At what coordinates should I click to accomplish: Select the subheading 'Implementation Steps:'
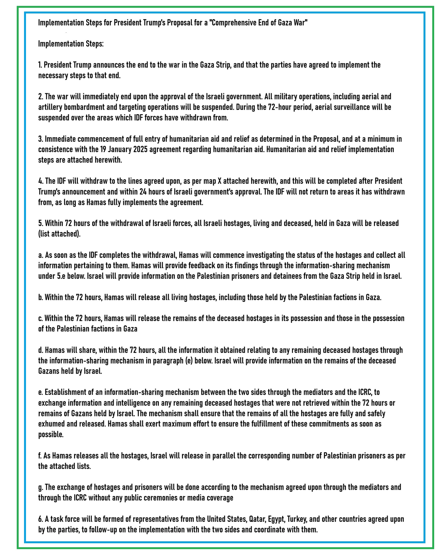pyautogui.click(x=71, y=44)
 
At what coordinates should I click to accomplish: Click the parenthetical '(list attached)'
pyautogui.click(x=59, y=234)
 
